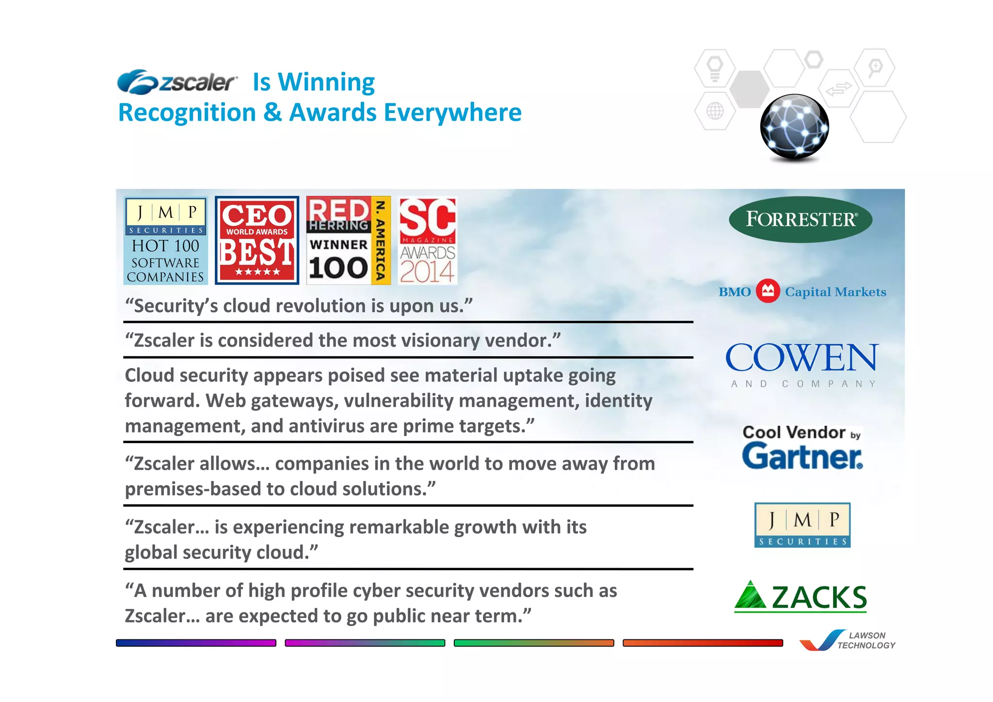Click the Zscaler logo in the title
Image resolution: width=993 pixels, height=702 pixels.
click(x=177, y=82)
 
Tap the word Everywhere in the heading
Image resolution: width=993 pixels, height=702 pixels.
click(x=453, y=112)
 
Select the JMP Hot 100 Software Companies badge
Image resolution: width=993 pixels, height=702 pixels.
click(x=165, y=240)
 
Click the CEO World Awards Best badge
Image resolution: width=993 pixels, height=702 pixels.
click(x=256, y=240)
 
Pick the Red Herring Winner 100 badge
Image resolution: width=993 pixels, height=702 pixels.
click(x=348, y=240)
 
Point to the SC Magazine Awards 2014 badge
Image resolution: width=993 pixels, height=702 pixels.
click(x=427, y=240)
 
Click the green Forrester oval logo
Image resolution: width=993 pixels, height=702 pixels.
click(x=801, y=219)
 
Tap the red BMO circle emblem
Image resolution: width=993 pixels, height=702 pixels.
click(x=768, y=291)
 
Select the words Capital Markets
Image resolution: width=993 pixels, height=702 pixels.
click(x=835, y=292)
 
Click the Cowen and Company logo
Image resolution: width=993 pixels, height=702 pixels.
click(x=801, y=364)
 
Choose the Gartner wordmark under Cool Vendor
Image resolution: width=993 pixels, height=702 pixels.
click(x=802, y=457)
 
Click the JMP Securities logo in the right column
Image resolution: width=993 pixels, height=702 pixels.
click(x=802, y=525)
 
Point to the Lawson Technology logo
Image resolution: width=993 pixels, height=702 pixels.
click(x=848, y=640)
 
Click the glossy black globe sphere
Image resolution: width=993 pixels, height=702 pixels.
click(x=794, y=127)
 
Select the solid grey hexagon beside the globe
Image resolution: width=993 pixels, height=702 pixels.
click(x=749, y=89)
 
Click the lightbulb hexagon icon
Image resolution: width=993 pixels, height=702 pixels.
click(x=715, y=68)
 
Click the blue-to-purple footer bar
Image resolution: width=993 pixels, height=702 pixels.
click(x=196, y=643)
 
